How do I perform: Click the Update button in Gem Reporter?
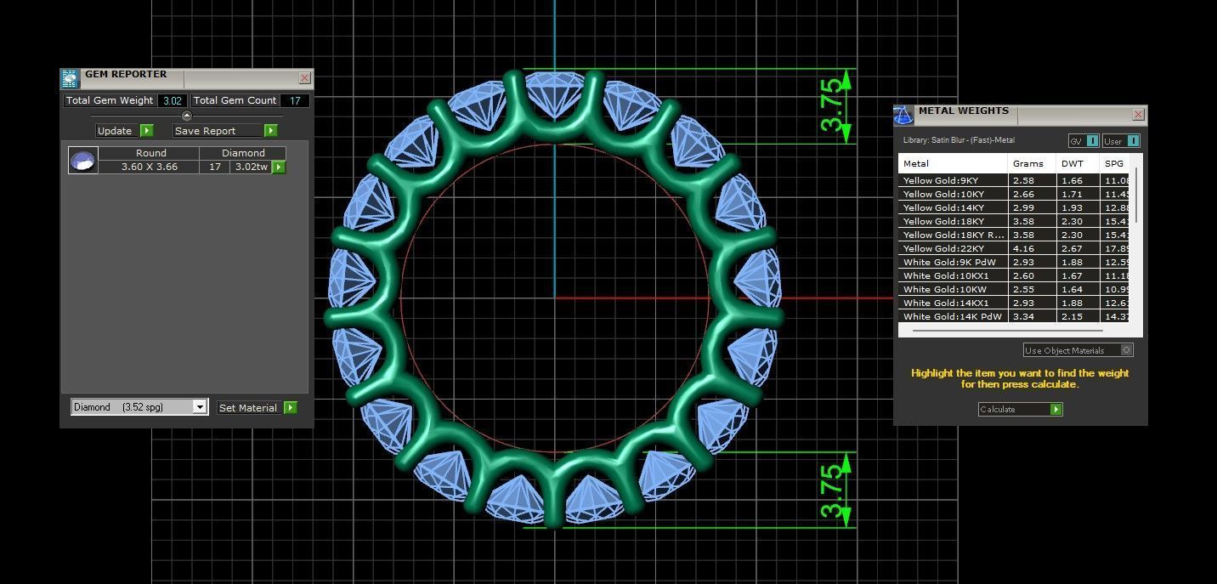124,131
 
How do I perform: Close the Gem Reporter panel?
304,78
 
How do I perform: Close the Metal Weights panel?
1138,115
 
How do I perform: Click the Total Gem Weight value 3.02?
173,100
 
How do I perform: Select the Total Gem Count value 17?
295,100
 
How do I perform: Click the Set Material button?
257,408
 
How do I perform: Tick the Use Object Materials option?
1126,349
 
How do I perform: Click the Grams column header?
1028,163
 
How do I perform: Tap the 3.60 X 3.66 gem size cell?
150,167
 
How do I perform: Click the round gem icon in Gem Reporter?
82,160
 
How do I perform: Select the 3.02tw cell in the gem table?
251,167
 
